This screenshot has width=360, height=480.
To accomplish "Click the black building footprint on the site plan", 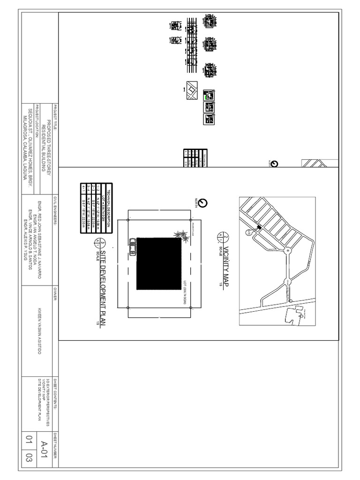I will pyautogui.click(x=158, y=263).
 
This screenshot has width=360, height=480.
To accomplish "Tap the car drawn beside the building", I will pyautogui.click(x=133, y=247).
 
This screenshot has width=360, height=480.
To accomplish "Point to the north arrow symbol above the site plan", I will pyautogui.click(x=202, y=202).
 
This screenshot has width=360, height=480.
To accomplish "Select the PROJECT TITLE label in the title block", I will pyautogui.click(x=55, y=117).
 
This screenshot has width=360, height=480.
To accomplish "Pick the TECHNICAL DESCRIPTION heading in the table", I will pyautogui.click(x=107, y=207).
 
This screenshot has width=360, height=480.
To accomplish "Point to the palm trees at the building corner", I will pyautogui.click(x=181, y=236).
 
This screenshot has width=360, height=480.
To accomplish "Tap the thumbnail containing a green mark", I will pyautogui.click(x=208, y=96).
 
